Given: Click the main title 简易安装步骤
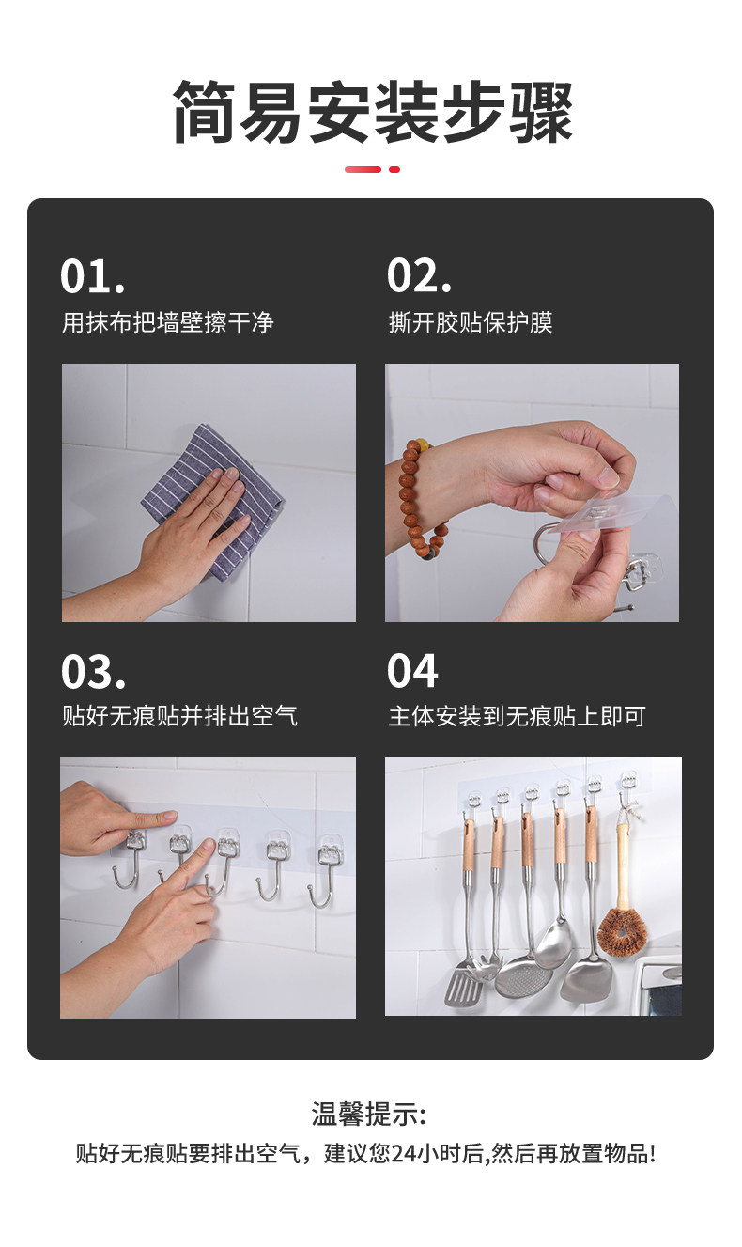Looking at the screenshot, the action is point(372,111).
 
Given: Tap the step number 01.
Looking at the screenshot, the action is point(92,275).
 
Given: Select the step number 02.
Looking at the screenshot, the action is point(419,275).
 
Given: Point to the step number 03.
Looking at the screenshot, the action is point(93,671).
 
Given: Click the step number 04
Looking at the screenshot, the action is point(412,671).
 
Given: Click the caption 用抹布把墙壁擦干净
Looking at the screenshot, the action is point(168,322).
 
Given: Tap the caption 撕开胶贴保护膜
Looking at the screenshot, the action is point(471,322).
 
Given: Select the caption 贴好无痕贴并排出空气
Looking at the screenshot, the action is point(179,716).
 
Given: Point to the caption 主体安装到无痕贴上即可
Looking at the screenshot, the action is point(517,716).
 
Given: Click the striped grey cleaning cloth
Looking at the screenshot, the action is point(212,501).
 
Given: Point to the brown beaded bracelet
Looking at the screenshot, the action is point(421,498).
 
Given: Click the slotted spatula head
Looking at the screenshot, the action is point(462,987).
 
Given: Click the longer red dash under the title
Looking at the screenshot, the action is point(363,169).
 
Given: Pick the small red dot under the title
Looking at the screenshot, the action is point(394,169).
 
